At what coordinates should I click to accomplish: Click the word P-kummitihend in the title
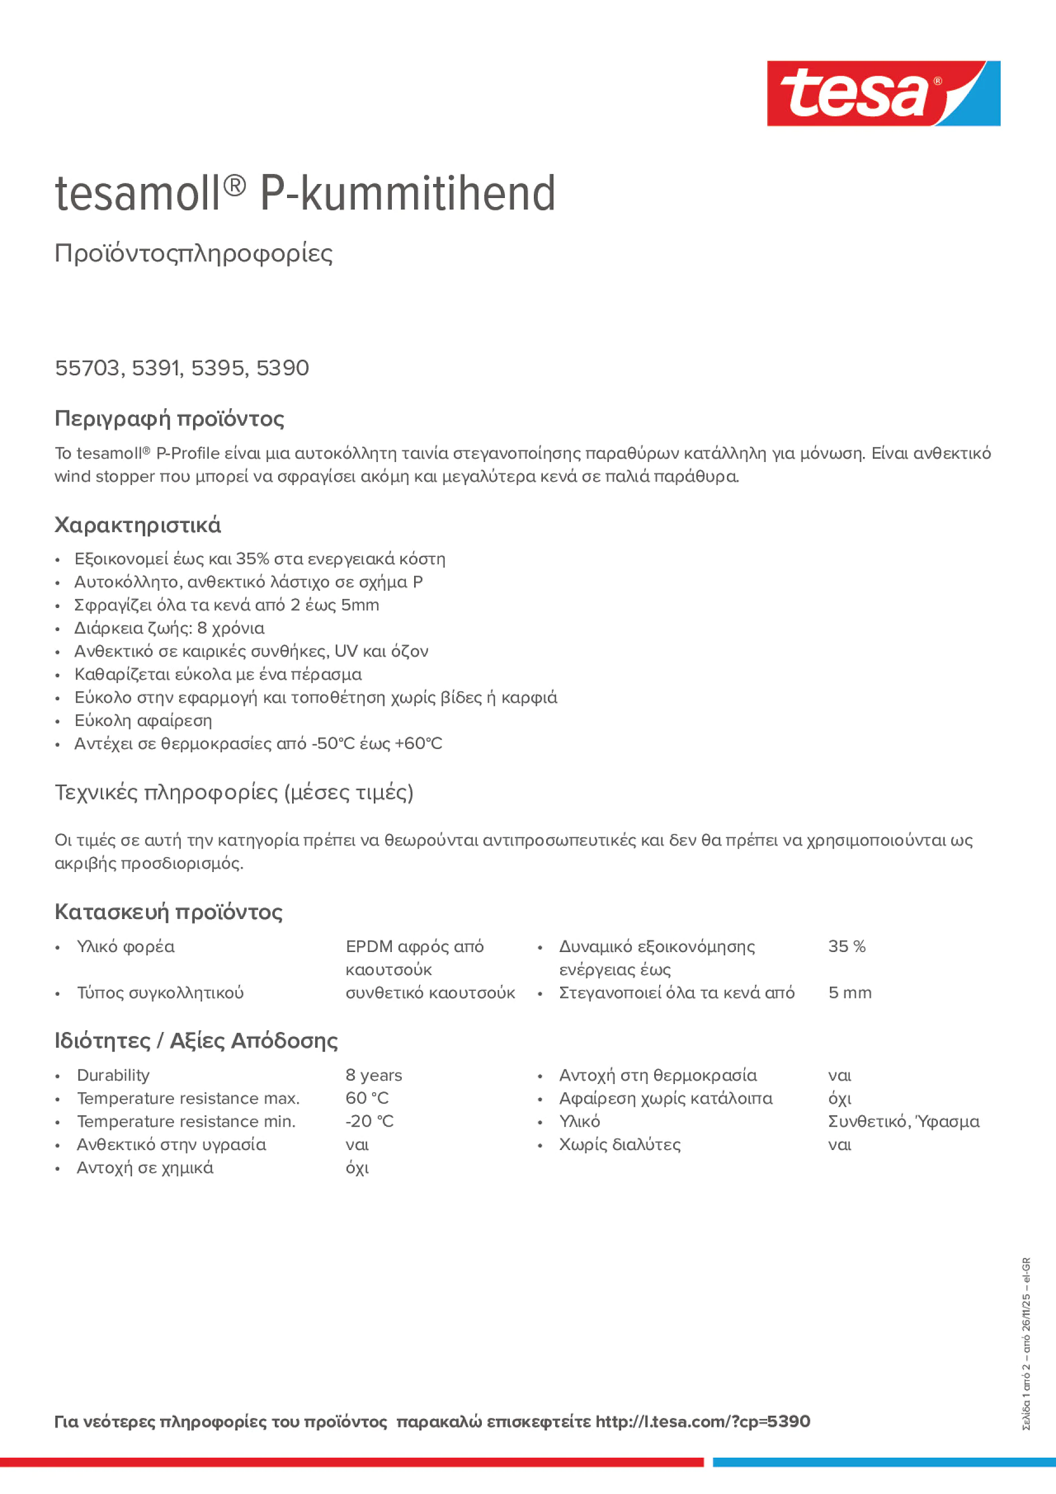click(407, 194)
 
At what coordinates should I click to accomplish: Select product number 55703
click(87, 368)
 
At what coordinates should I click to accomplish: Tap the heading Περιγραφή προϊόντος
click(169, 418)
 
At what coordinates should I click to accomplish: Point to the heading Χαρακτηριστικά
click(137, 525)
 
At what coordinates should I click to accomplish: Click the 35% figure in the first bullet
click(252, 559)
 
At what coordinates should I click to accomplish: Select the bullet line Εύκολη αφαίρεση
click(143, 720)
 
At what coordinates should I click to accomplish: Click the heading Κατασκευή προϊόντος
click(168, 912)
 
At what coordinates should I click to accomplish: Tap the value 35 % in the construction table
click(846, 947)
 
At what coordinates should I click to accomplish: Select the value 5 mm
click(850, 993)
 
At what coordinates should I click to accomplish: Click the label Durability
click(113, 1075)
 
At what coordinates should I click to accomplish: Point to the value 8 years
click(374, 1075)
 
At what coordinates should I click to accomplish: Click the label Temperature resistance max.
click(188, 1099)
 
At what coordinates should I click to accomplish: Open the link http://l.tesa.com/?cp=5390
click(702, 1422)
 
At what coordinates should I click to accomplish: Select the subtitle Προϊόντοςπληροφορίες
click(194, 253)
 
